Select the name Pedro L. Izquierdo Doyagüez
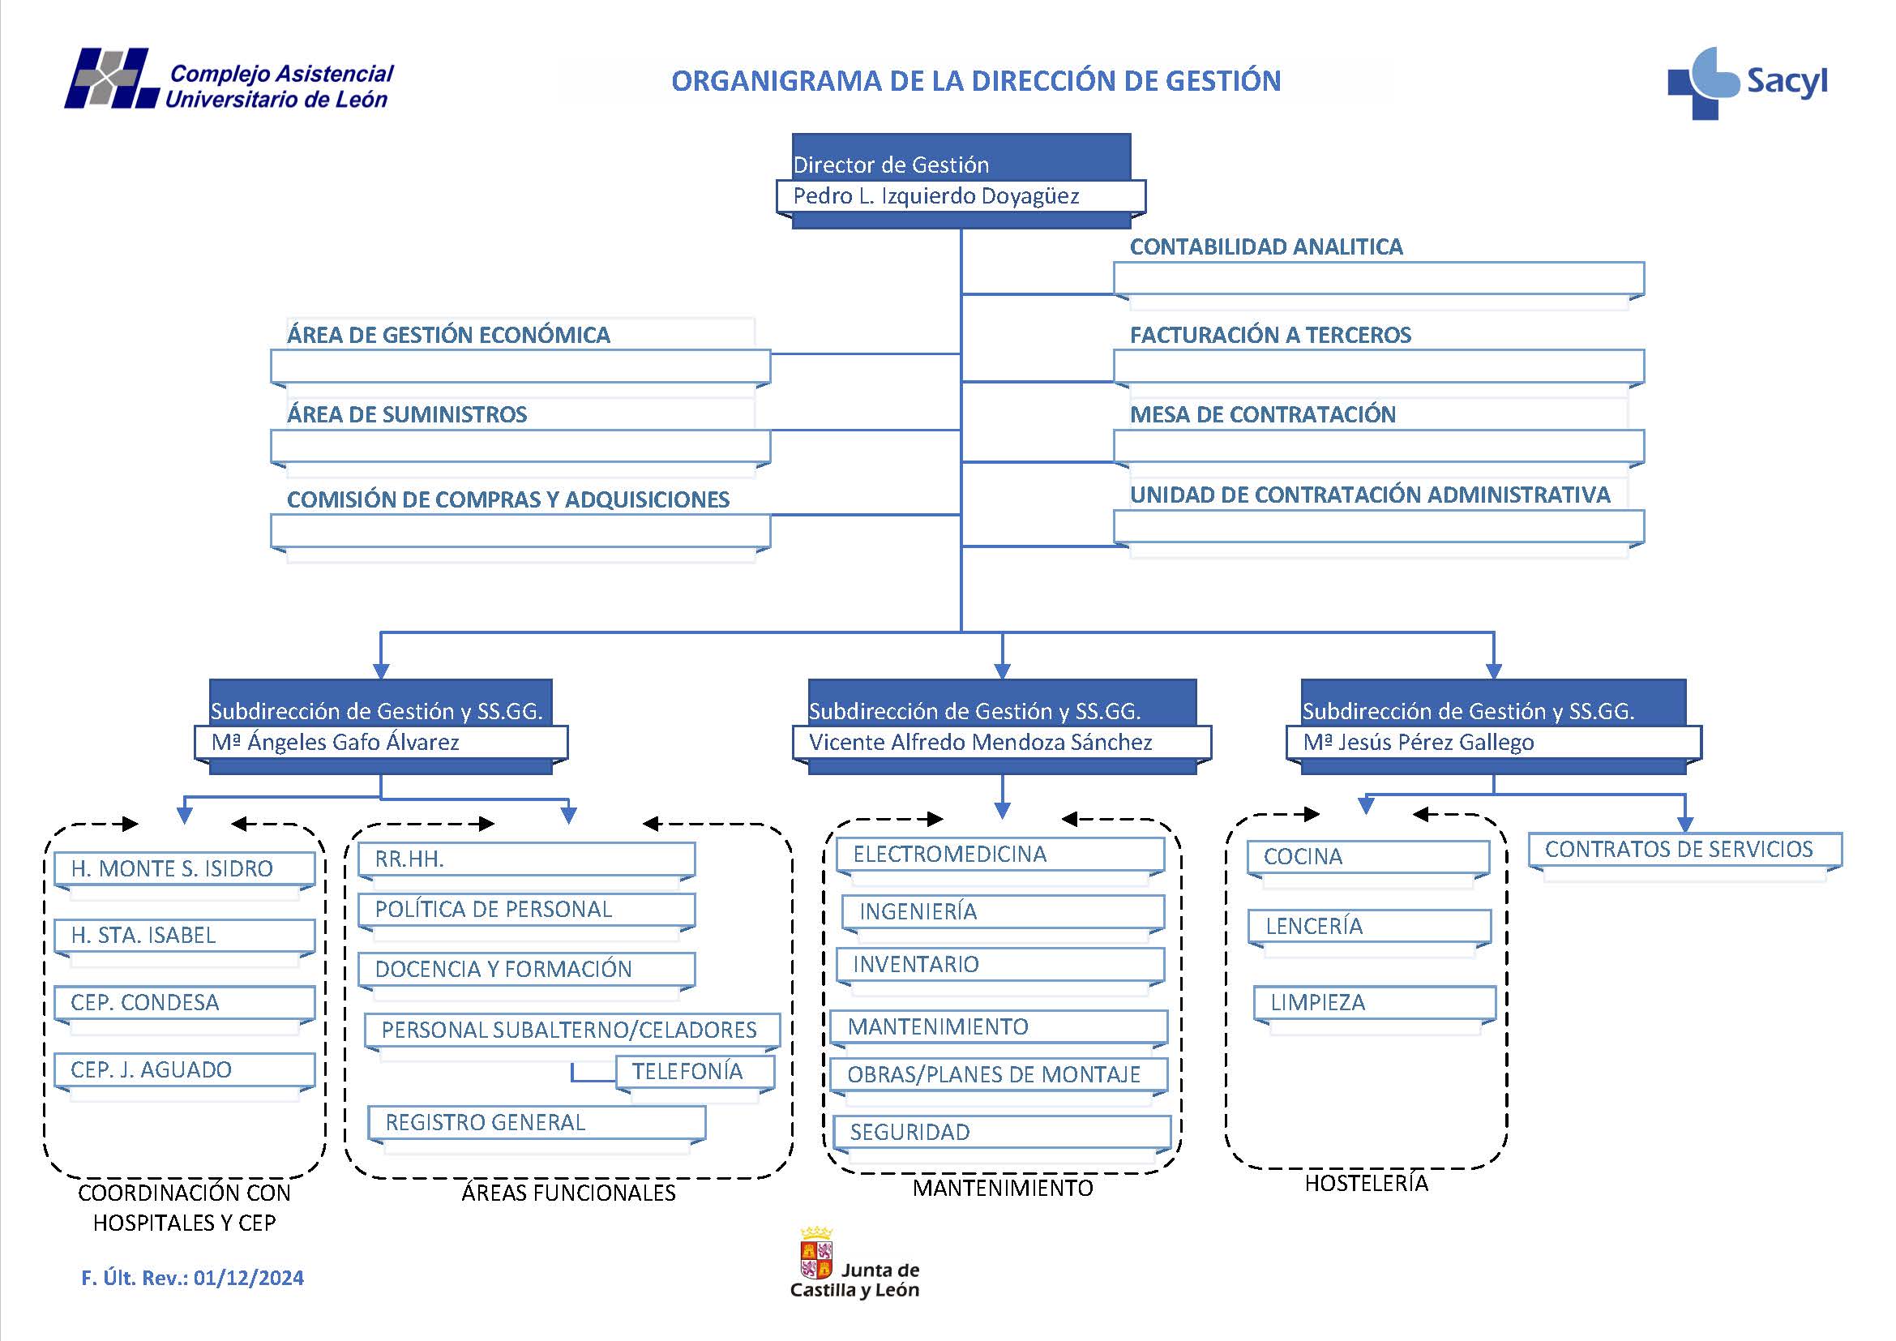pyautogui.click(x=935, y=196)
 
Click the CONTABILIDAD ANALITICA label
pyautogui.click(x=1265, y=247)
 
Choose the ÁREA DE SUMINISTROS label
pyautogui.click(x=406, y=414)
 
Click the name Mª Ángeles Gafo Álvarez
pyautogui.click(x=336, y=743)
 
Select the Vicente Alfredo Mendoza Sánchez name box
pyautogui.click(x=980, y=743)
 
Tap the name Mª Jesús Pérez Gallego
pyautogui.click(x=1418, y=743)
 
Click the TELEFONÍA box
pyautogui.click(x=687, y=1072)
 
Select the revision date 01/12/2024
pyautogui.click(x=249, y=1279)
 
